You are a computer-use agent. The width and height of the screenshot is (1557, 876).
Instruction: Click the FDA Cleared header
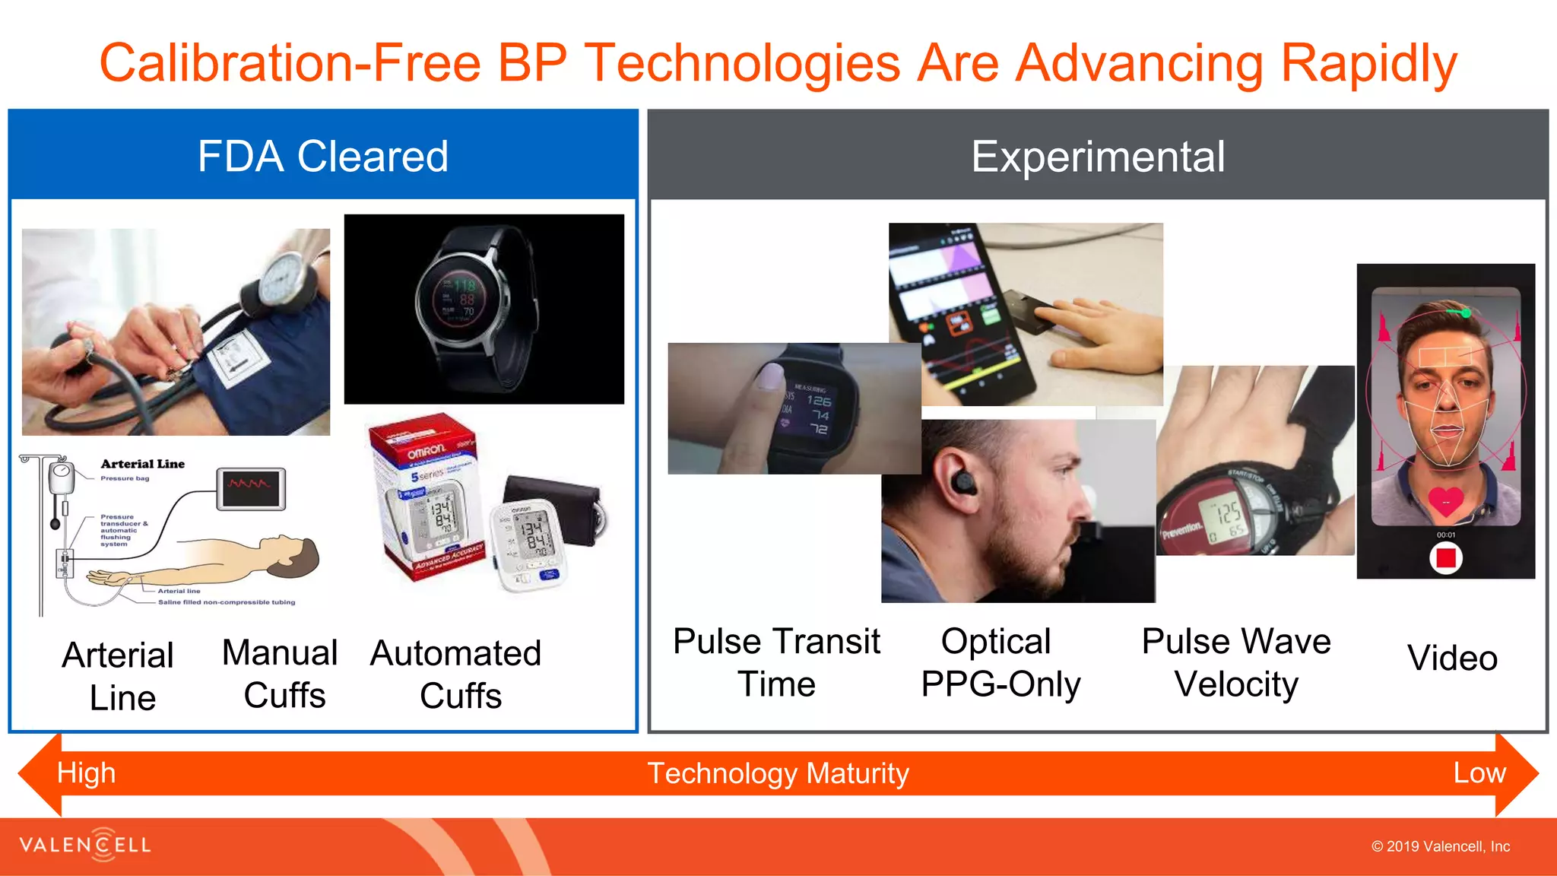[323, 157]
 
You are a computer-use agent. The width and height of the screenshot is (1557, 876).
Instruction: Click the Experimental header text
[1097, 157]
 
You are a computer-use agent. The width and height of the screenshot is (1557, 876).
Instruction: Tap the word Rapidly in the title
[1368, 63]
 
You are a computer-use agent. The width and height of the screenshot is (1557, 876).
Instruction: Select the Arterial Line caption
[119, 675]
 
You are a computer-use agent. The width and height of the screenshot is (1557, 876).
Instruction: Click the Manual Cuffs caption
[281, 674]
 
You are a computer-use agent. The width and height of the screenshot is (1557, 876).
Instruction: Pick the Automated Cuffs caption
[456, 674]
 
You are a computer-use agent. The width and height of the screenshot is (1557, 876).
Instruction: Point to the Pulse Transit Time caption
[776, 662]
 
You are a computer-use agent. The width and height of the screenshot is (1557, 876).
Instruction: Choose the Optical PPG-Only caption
[1000, 662]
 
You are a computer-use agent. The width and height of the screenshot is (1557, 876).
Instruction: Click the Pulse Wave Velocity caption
[1236, 662]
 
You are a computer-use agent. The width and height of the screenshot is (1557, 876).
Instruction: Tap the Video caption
[1452, 658]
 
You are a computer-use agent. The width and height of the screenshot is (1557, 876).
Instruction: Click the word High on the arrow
[86, 773]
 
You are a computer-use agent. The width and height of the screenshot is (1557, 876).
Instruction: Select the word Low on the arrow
[1479, 773]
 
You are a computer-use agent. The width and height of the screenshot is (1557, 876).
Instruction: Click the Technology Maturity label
[778, 773]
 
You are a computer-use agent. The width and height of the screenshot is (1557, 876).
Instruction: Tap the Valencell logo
[85, 845]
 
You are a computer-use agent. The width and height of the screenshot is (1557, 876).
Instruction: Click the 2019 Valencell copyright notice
[1440, 846]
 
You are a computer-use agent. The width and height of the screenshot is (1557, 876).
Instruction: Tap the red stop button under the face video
[1445, 559]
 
